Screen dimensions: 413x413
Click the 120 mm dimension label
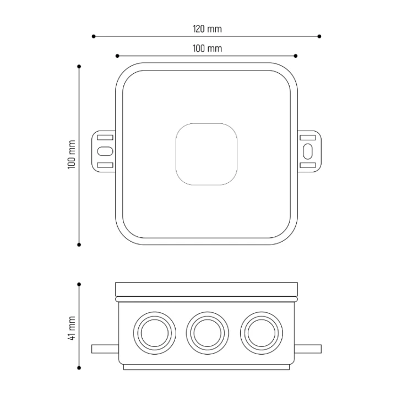(207, 29)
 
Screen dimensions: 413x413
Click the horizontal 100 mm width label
(207, 48)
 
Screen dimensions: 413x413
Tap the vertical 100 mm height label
(72, 155)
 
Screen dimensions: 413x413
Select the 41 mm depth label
(72, 328)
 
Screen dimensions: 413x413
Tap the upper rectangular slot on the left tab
(105, 138)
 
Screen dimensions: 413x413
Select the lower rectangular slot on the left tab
(105, 165)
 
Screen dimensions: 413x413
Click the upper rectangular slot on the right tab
(308, 138)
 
